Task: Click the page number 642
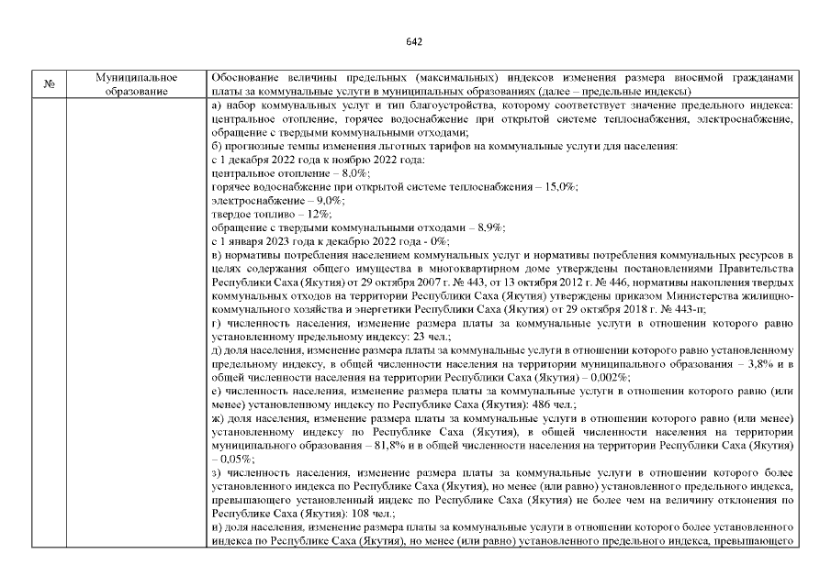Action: [x=414, y=41]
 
